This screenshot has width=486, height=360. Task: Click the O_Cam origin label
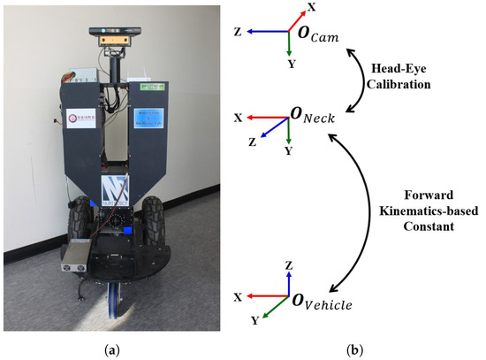click(322, 37)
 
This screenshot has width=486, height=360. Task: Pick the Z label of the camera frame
click(239, 31)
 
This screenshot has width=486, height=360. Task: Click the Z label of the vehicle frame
click(289, 263)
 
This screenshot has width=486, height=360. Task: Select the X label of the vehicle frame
click(239, 294)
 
